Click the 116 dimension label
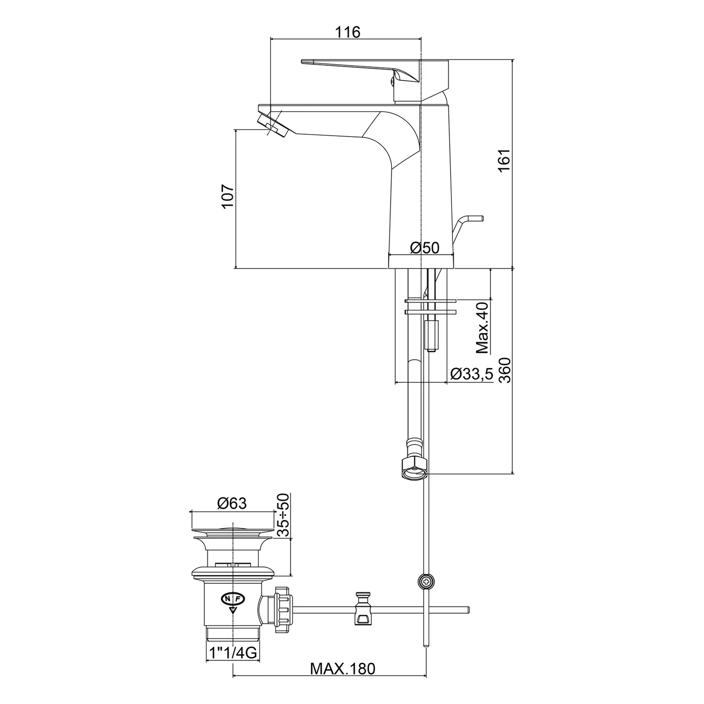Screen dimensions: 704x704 tap(347, 32)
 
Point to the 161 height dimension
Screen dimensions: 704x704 tap(504, 161)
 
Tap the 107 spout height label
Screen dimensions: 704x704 tap(227, 196)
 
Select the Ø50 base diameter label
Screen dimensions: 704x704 tap(425, 247)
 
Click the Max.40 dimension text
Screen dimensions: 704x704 tap(482, 328)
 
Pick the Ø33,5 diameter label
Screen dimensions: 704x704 tap(471, 374)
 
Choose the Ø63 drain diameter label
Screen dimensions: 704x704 tap(232, 504)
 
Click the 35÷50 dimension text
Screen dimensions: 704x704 tap(283, 515)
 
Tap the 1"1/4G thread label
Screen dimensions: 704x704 tap(233, 653)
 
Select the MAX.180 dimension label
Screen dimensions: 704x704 tap(343, 668)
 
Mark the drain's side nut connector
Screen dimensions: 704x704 tap(282, 609)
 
